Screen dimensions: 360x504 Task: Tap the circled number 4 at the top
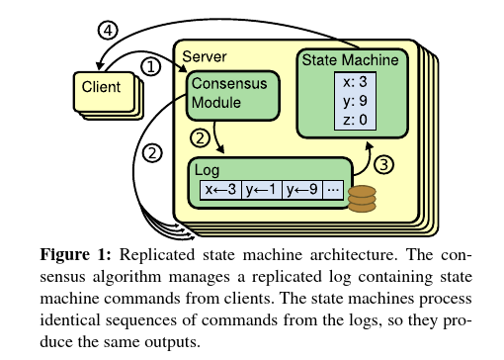(x=110, y=31)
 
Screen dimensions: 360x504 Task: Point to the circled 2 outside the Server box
(x=151, y=153)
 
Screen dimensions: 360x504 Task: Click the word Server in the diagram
(x=206, y=47)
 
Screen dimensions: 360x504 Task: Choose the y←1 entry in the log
(x=261, y=191)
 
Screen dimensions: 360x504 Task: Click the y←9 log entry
(x=302, y=191)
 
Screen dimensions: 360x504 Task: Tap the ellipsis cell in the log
(x=333, y=191)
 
